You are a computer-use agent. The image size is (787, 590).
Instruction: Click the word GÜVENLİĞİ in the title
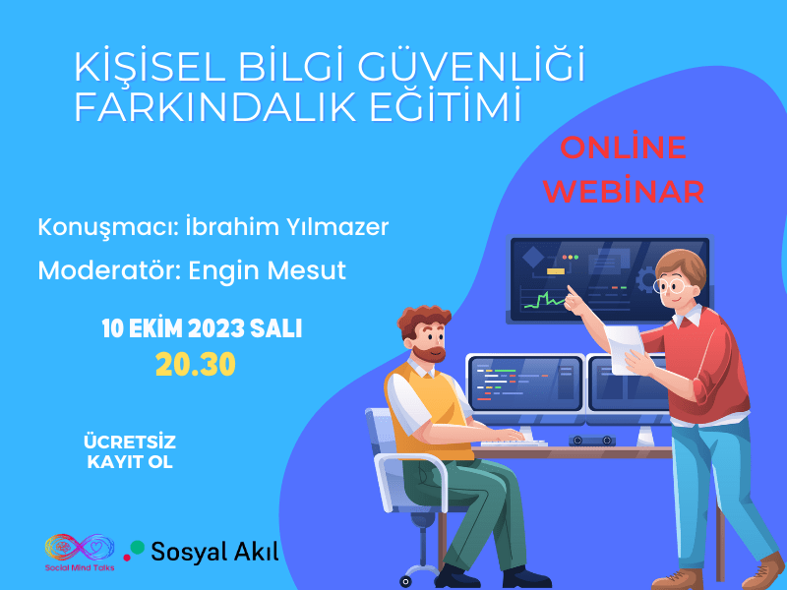472,64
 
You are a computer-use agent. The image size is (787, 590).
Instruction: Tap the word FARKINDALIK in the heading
215,106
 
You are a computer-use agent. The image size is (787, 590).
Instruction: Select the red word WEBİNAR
624,190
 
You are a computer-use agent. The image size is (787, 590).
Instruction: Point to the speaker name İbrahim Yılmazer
287,227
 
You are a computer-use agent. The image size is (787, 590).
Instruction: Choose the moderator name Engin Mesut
267,270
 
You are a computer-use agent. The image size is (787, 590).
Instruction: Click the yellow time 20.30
195,364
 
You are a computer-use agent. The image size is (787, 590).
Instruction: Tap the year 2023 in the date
216,329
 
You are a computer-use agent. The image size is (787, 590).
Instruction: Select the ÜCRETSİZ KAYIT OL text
130,451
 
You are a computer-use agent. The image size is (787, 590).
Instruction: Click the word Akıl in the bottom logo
255,552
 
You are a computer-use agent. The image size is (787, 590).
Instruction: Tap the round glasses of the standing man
671,286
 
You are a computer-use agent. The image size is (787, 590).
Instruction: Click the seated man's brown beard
433,354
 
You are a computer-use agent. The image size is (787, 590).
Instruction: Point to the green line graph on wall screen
544,300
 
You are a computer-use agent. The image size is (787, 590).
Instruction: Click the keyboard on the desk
514,443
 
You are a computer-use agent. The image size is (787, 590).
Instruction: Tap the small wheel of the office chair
405,581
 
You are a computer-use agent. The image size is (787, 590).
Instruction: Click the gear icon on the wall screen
646,279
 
